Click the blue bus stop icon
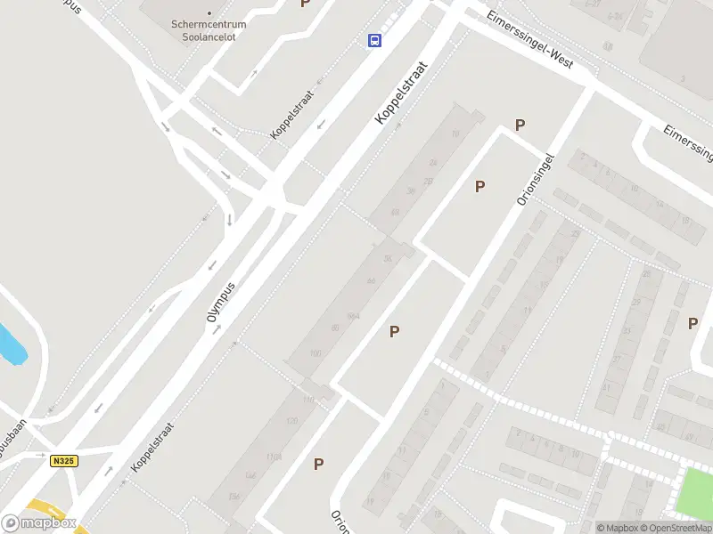click(x=375, y=40)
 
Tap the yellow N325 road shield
click(x=61, y=460)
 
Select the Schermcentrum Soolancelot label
click(x=209, y=28)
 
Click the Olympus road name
click(x=224, y=308)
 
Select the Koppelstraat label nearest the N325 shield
click(x=151, y=447)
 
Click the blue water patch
click(x=11, y=344)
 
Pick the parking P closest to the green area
click(x=693, y=323)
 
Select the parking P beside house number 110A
click(x=318, y=464)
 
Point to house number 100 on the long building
click(x=315, y=353)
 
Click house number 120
click(x=291, y=420)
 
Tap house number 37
click(x=624, y=331)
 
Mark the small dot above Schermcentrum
click(x=209, y=13)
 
